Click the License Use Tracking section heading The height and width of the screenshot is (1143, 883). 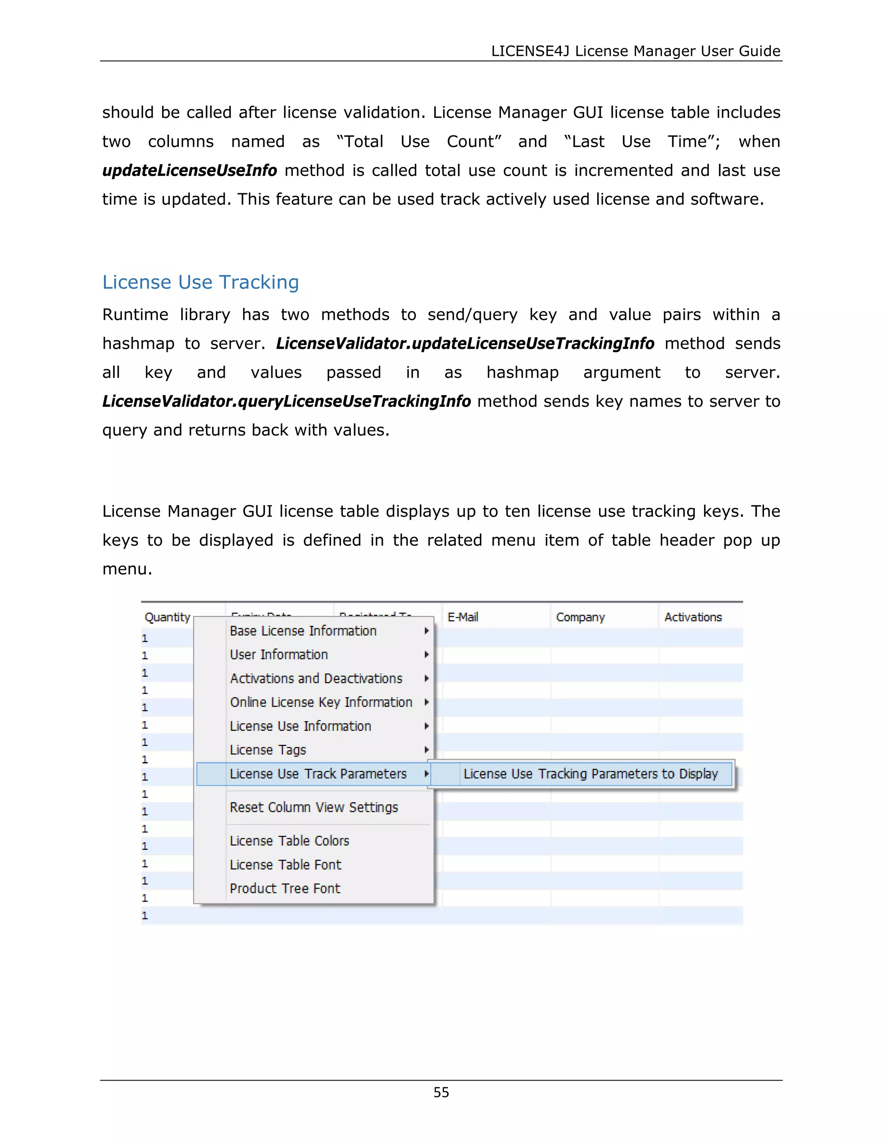(200, 282)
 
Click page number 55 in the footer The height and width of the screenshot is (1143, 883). (441, 1092)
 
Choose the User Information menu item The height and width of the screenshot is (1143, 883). (279, 655)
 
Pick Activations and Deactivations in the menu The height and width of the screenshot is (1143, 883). (316, 678)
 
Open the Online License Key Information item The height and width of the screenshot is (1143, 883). (321, 702)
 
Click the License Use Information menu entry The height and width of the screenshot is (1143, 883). (300, 726)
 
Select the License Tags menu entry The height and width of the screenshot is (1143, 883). (268, 750)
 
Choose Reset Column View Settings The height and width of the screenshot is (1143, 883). (314, 807)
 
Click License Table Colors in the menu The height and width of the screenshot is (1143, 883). (289, 841)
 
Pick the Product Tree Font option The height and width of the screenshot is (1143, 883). (285, 888)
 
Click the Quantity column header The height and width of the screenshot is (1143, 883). (167, 617)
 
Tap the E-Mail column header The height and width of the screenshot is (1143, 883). (463, 617)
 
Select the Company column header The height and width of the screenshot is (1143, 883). (580, 617)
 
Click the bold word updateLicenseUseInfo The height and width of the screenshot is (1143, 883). (189, 171)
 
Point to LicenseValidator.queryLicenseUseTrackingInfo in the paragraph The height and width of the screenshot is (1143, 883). (286, 402)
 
